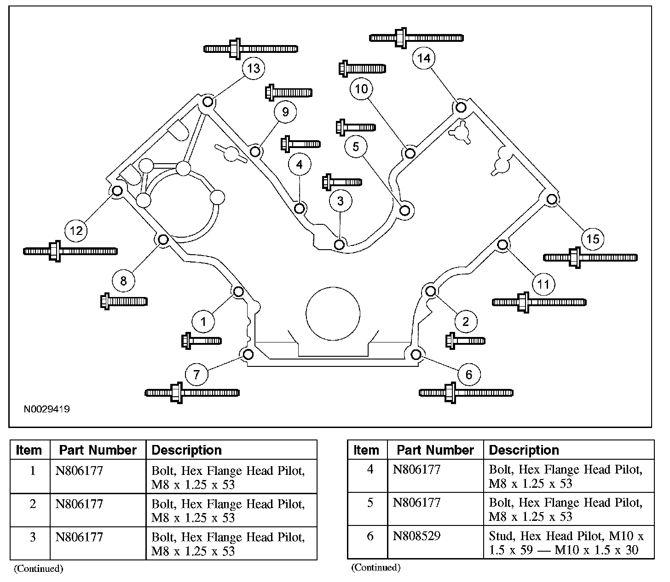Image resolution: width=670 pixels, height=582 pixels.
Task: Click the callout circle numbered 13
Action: (x=254, y=68)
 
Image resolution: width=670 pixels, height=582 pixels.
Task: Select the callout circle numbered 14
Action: (x=424, y=58)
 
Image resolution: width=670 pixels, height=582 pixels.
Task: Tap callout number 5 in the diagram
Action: (x=356, y=147)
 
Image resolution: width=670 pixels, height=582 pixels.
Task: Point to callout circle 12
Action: (x=76, y=230)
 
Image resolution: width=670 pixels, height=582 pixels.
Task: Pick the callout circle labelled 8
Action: (x=123, y=280)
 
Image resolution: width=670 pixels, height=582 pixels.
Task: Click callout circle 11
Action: (x=543, y=284)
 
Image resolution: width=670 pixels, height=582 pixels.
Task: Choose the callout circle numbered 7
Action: (x=196, y=375)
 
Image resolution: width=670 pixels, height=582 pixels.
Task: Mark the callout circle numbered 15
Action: (x=593, y=239)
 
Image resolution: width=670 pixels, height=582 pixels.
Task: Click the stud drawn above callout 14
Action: (x=416, y=38)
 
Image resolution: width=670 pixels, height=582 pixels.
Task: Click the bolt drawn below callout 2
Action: (x=465, y=341)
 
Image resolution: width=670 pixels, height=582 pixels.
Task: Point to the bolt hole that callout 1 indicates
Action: (x=238, y=291)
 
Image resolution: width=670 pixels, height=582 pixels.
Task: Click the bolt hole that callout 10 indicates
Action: (x=410, y=152)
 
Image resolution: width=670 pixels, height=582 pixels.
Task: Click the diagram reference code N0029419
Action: (x=47, y=409)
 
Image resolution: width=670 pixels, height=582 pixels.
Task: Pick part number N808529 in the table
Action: (x=416, y=536)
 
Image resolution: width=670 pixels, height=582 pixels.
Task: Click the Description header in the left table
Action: (x=186, y=450)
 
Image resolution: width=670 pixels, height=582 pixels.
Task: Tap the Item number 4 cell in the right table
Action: (x=370, y=469)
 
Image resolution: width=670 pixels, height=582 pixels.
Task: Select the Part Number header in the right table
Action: (x=435, y=450)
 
